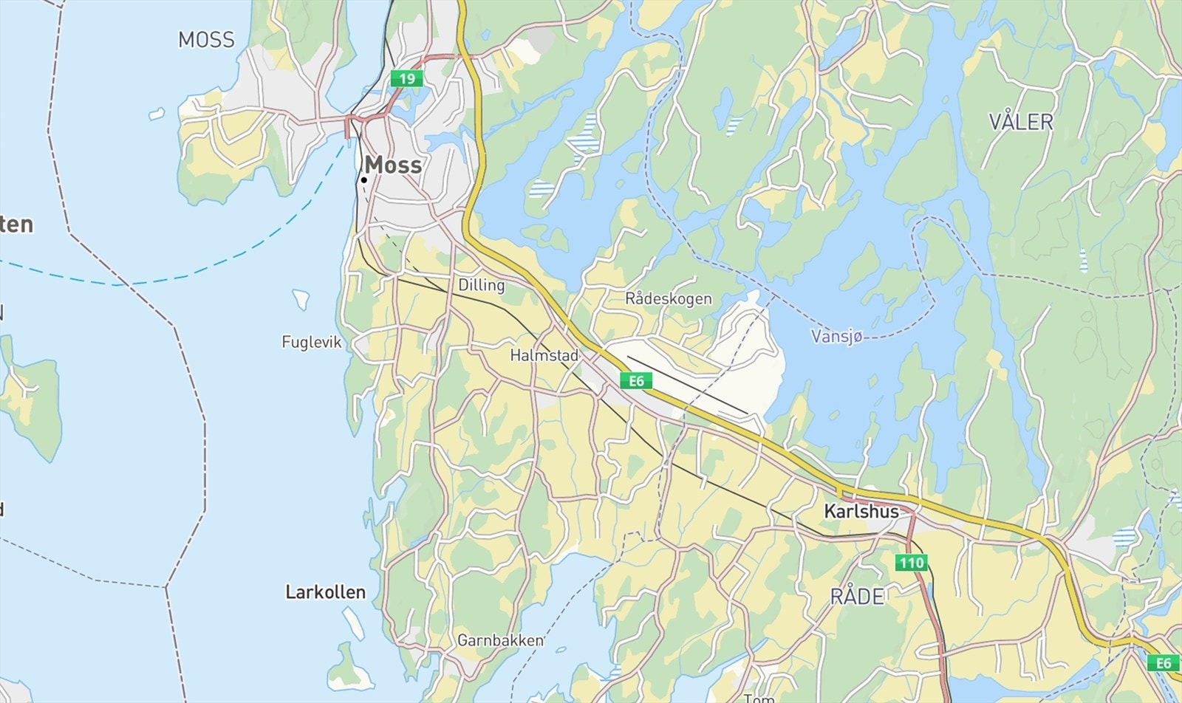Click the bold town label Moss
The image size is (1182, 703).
click(x=394, y=165)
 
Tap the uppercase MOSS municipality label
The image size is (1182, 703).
click(x=206, y=40)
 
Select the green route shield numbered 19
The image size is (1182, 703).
click(x=407, y=78)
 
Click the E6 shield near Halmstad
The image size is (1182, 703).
click(x=636, y=381)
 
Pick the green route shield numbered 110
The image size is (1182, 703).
click(x=911, y=563)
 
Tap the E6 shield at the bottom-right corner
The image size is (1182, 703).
click(x=1164, y=663)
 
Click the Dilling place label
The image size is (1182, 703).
click(x=481, y=285)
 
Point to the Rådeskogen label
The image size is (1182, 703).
click(x=668, y=299)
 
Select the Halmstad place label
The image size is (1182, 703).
click(x=544, y=356)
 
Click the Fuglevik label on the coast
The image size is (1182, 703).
click(x=312, y=342)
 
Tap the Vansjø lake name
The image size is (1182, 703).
click(x=836, y=337)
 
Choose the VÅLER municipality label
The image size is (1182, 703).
click(x=1020, y=122)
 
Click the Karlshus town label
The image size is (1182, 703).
click(x=861, y=511)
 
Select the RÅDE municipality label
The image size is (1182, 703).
click(x=857, y=597)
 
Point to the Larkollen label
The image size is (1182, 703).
click(x=325, y=592)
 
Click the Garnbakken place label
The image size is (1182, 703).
click(x=499, y=640)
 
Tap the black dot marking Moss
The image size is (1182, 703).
click(x=364, y=179)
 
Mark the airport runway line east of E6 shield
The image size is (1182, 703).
click(x=687, y=385)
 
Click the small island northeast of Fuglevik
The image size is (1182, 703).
click(x=301, y=298)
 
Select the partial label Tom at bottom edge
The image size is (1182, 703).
click(x=758, y=697)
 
